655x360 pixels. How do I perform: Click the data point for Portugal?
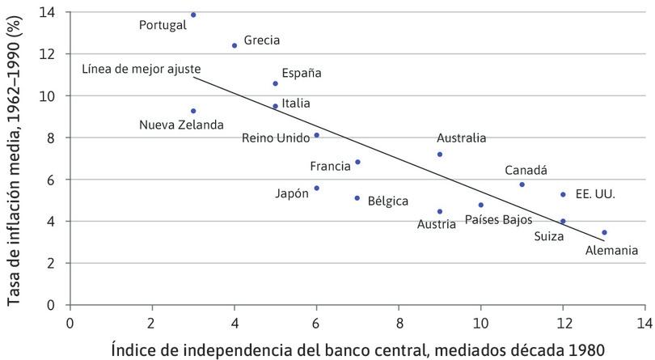193,15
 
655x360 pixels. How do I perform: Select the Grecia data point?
235,45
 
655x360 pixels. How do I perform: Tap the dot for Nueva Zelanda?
193,111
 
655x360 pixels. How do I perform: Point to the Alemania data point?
604,232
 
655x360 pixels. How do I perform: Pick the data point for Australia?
440,155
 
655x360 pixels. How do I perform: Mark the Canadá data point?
522,184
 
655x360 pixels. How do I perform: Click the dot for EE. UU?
563,194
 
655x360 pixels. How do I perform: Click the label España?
302,73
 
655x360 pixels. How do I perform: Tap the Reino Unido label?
276,138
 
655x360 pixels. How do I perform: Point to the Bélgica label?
388,201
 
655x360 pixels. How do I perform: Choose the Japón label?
292,193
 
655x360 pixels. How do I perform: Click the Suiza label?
550,237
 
